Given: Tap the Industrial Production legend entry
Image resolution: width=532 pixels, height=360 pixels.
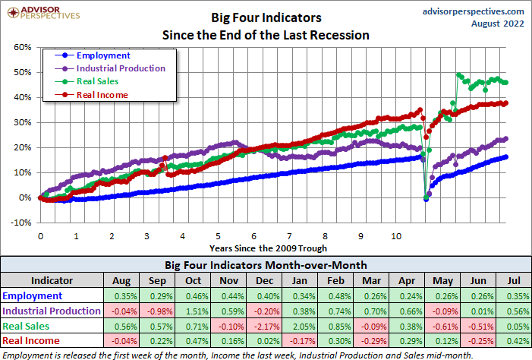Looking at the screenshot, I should coord(120,68).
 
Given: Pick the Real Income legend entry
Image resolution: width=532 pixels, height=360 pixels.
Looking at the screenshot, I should coord(102,94).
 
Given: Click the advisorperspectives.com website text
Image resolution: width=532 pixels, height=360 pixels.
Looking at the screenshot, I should coord(472,11).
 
